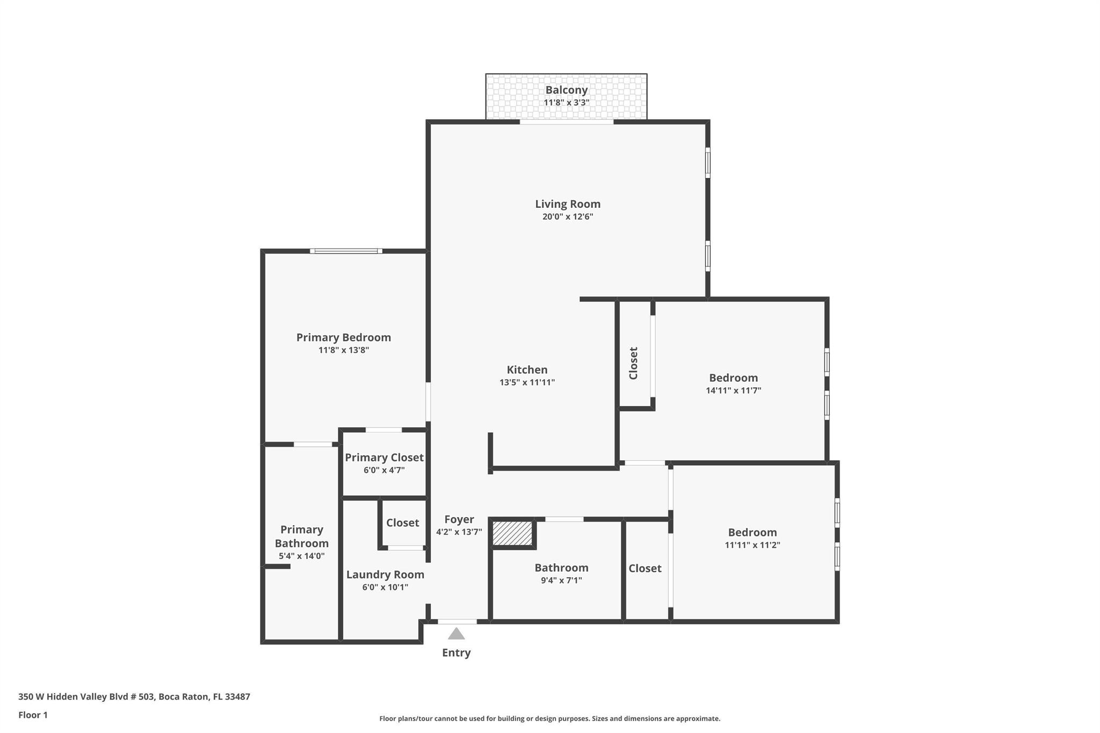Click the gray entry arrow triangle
pyautogui.click(x=456, y=634)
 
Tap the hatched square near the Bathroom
pyautogui.click(x=512, y=533)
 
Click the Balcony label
pyautogui.click(x=566, y=90)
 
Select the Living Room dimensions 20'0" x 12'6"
pyautogui.click(x=567, y=217)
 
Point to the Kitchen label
pyautogui.click(x=527, y=369)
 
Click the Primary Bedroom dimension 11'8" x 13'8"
pyautogui.click(x=343, y=350)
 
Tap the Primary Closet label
pyautogui.click(x=384, y=457)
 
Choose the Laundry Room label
pyautogui.click(x=385, y=574)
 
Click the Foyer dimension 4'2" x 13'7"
pyautogui.click(x=459, y=532)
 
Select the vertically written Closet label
pyautogui.click(x=633, y=363)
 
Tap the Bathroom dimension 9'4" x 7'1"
pyautogui.click(x=561, y=580)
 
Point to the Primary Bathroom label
pyautogui.click(x=301, y=536)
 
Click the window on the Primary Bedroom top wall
pyautogui.click(x=346, y=251)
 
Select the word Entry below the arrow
pyautogui.click(x=456, y=652)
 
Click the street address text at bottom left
pyautogui.click(x=134, y=696)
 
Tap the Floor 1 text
pyautogui.click(x=33, y=715)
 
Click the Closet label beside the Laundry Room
pyautogui.click(x=402, y=522)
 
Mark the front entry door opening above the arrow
pyautogui.click(x=457, y=621)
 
